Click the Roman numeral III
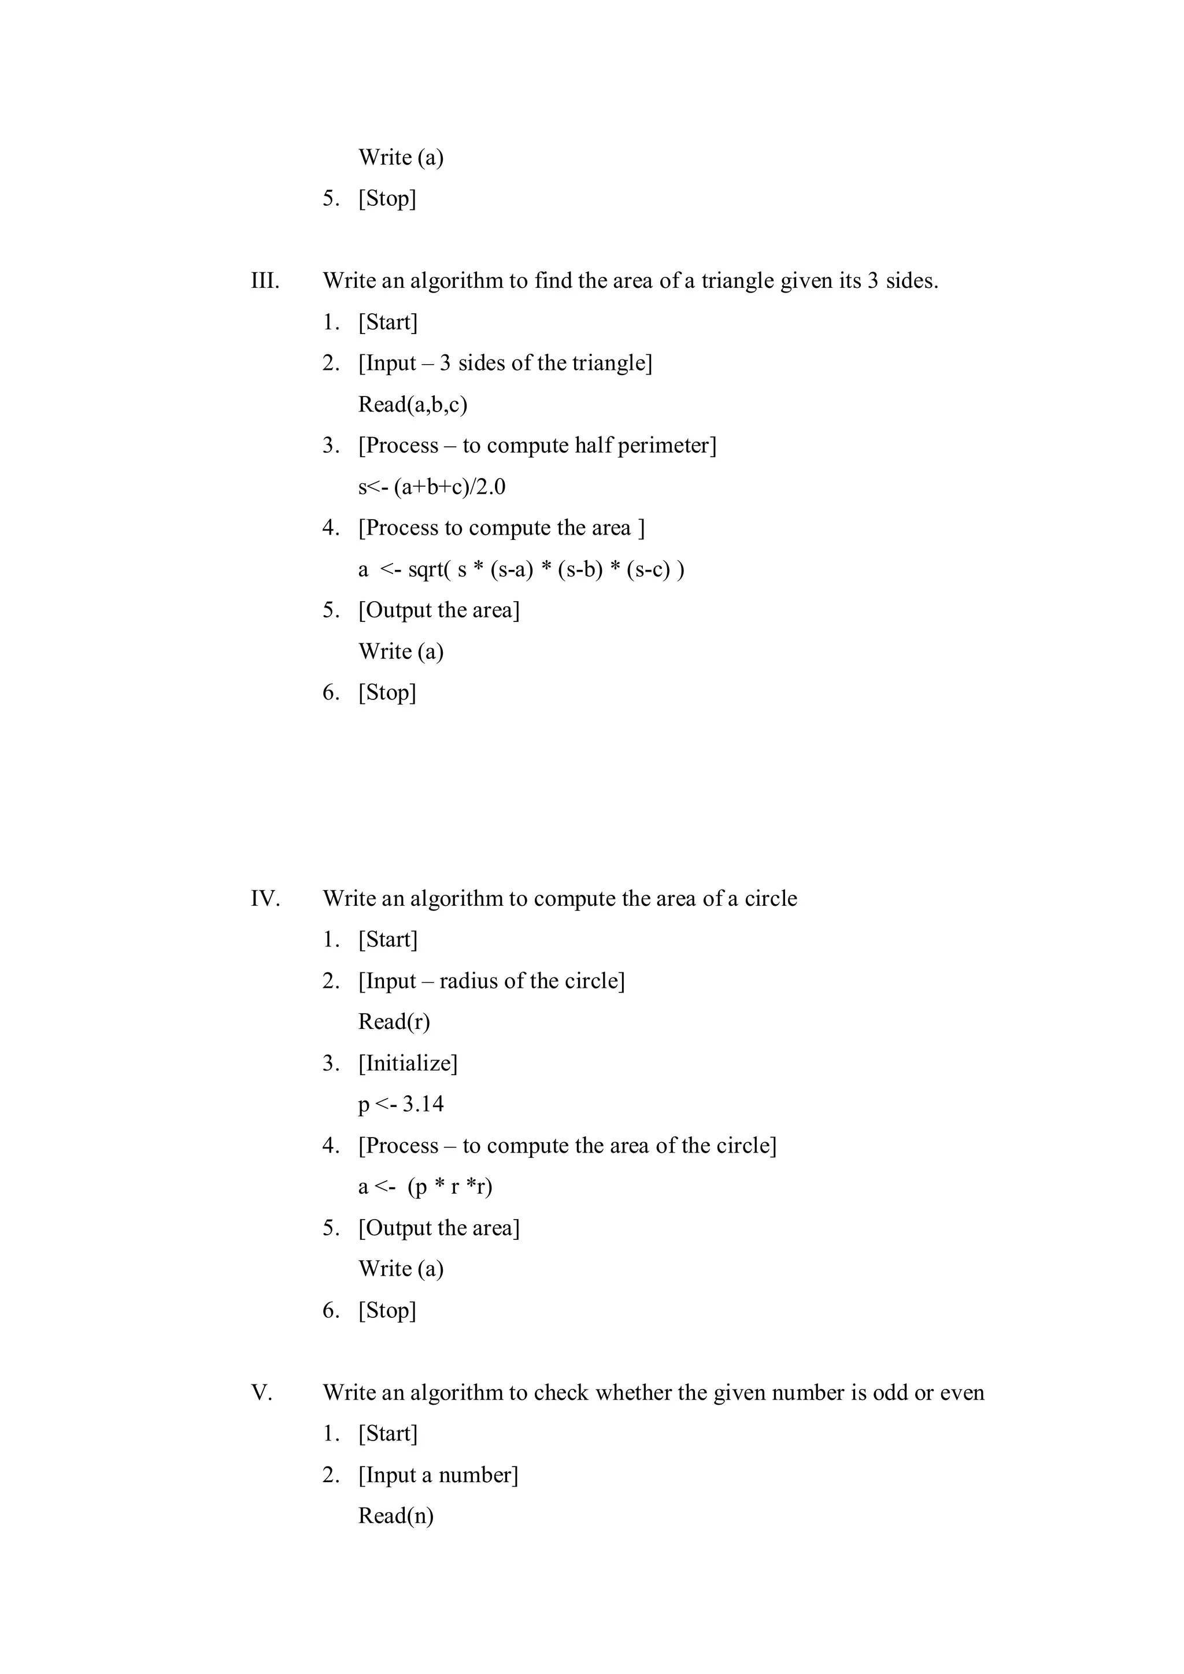tap(265, 281)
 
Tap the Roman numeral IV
tap(265, 898)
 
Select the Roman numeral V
tap(261, 1392)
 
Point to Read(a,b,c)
tap(413, 404)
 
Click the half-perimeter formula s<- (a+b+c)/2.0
tap(432, 486)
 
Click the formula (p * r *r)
tap(450, 1187)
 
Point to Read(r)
tap(394, 1021)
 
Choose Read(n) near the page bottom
tap(396, 1516)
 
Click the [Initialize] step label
tap(408, 1063)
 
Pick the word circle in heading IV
tap(771, 898)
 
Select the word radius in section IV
tap(468, 980)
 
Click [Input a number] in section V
tap(438, 1475)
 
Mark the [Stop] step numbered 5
tap(387, 198)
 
